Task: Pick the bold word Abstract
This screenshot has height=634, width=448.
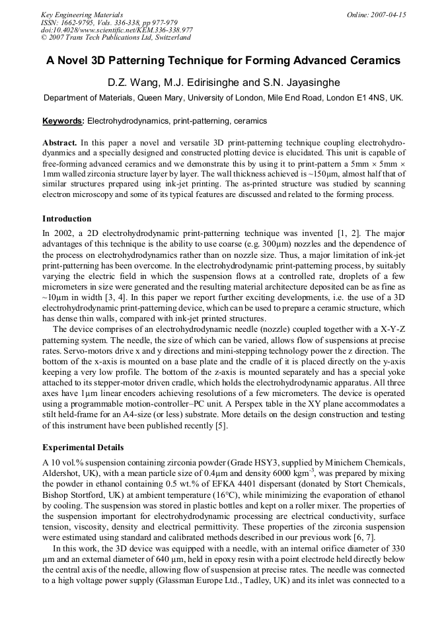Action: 59,143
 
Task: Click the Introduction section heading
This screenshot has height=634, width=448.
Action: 67,219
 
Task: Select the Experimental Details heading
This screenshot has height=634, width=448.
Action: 83,448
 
